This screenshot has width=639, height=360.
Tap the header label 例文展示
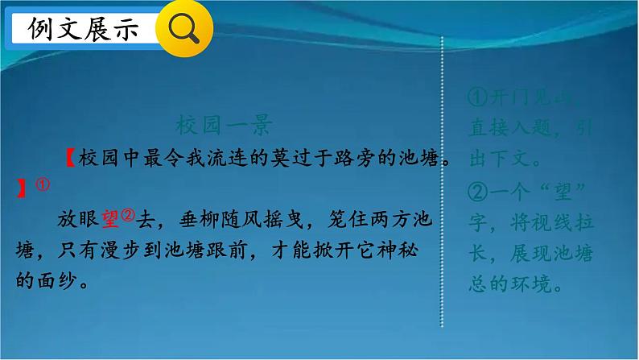(x=83, y=30)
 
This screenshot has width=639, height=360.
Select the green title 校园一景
(x=224, y=126)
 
